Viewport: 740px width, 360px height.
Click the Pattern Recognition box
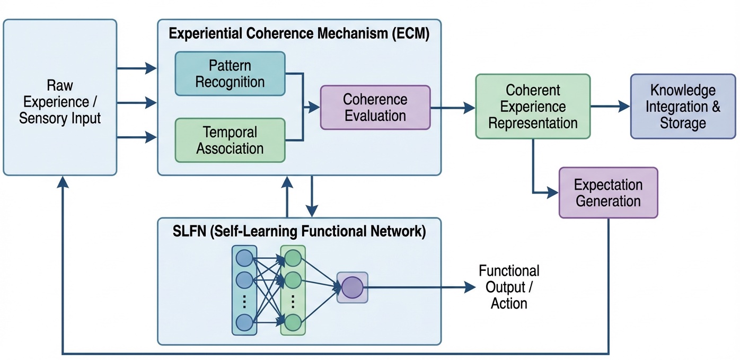(230, 74)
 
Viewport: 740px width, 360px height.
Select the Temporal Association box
(230, 141)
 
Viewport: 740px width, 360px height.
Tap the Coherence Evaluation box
(375, 107)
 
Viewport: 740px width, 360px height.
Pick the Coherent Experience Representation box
(533, 107)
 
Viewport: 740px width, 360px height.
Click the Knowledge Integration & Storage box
(683, 107)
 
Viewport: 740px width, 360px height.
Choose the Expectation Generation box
(608, 192)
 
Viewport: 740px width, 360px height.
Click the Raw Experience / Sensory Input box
(60, 97)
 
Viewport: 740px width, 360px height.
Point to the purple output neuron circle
(352, 287)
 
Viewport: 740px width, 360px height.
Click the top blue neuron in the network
(244, 258)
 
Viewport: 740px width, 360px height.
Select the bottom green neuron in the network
(293, 322)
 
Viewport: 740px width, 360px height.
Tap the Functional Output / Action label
(509, 287)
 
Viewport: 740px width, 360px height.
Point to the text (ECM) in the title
(411, 33)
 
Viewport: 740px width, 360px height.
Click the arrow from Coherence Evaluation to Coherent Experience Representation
(453, 108)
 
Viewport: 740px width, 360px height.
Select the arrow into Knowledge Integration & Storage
(610, 107)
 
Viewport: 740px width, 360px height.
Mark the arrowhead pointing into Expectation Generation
(553, 192)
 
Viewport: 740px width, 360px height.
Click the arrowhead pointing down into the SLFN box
(312, 210)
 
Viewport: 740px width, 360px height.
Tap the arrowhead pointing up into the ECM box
(287, 182)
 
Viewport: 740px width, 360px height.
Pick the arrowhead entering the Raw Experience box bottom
(63, 182)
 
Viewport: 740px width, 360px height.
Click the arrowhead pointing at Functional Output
(470, 287)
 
